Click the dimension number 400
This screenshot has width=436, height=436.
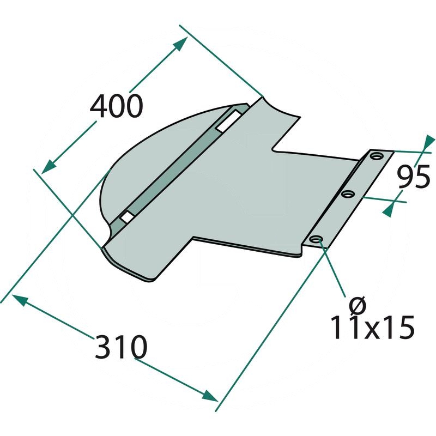tap(117, 106)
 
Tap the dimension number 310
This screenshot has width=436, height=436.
tap(120, 347)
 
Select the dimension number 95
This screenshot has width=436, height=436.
tap(414, 176)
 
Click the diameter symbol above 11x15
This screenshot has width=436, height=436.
tap(358, 304)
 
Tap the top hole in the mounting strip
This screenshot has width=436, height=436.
tap(376, 156)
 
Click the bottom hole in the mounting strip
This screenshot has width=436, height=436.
tap(316, 239)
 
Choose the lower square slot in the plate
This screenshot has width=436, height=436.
tap(126, 216)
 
